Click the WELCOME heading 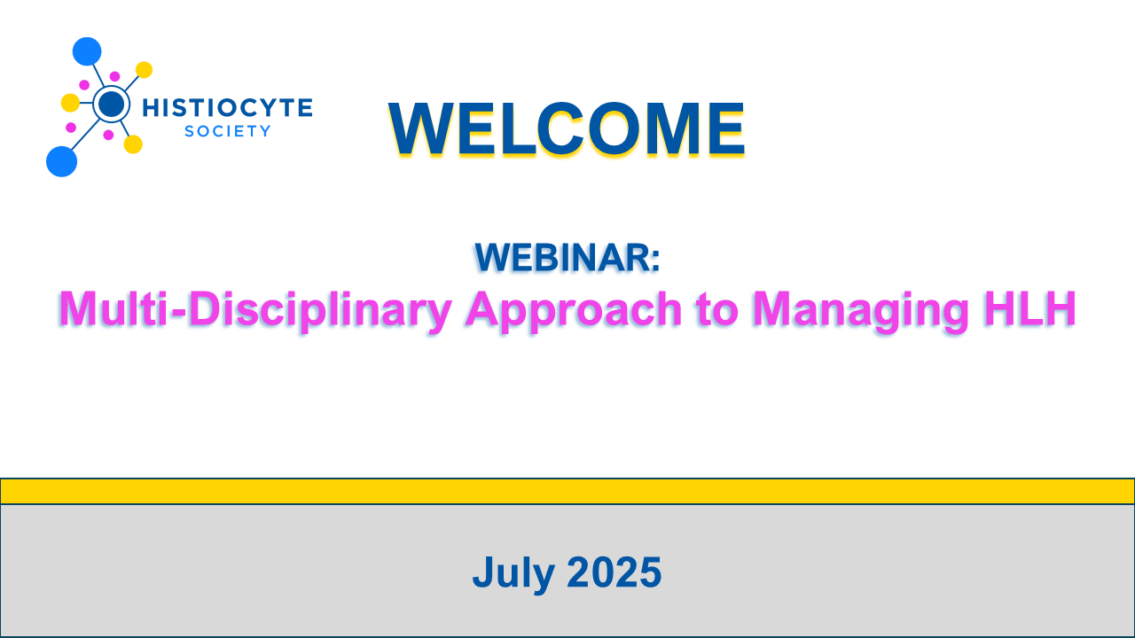tap(567, 128)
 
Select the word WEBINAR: tap(567, 258)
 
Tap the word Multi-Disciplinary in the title tap(254, 310)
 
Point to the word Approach tap(574, 310)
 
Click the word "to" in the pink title tap(716, 310)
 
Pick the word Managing tap(860, 310)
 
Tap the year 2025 tap(614, 572)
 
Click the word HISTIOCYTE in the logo tap(228, 108)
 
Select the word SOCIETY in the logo tap(228, 131)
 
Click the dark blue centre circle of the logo tap(112, 104)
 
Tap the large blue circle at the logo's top tap(87, 51)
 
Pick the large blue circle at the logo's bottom tap(62, 161)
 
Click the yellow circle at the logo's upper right tap(144, 70)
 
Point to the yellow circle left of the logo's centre tap(70, 103)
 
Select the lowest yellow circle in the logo tap(133, 144)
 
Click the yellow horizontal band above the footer tap(567, 491)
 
